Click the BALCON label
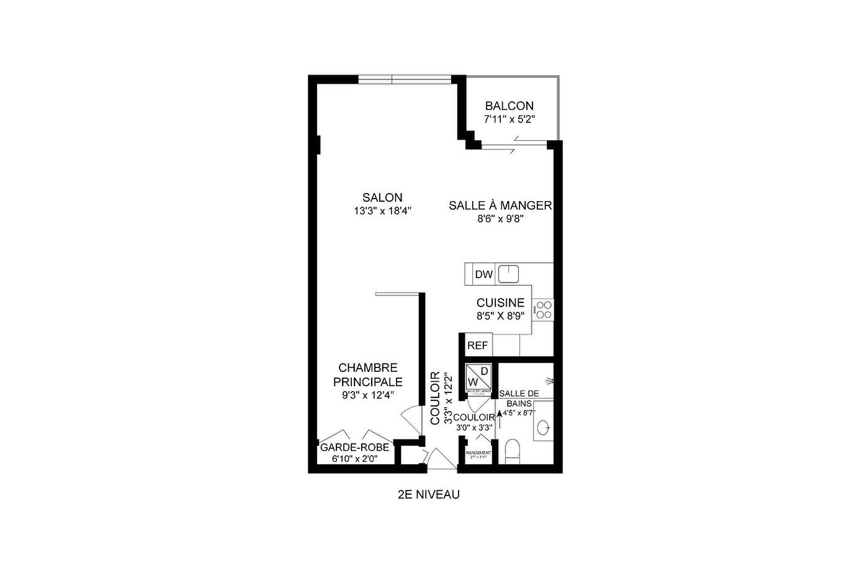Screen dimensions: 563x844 click(509, 106)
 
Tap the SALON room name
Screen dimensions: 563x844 click(382, 197)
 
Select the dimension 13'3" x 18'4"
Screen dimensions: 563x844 click(382, 211)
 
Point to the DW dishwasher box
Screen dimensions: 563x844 click(483, 274)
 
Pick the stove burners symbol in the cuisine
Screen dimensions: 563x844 click(544, 310)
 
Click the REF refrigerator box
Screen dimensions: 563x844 click(477, 346)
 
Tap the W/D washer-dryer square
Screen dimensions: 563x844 click(478, 376)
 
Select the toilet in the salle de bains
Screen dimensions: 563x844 click(513, 451)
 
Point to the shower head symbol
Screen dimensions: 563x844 click(549, 380)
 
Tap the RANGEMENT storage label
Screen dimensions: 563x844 click(478, 453)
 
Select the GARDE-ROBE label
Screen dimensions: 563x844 click(354, 447)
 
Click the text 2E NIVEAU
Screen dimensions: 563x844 click(429, 495)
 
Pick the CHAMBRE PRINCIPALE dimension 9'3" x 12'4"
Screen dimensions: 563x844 click(367, 395)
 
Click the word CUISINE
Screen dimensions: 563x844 click(500, 302)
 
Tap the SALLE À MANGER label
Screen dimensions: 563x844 click(500, 205)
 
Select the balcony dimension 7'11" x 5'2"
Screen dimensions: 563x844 click(509, 119)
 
